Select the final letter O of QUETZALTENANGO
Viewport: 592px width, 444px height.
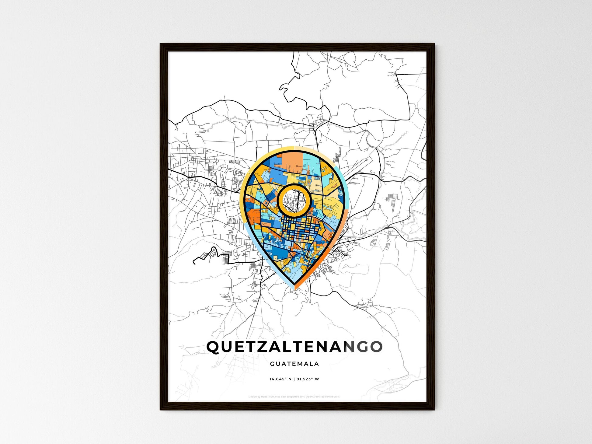click(376, 347)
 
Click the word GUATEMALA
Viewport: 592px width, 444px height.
click(294, 364)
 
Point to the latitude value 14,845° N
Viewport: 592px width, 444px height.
click(280, 379)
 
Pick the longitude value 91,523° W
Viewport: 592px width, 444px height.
click(308, 379)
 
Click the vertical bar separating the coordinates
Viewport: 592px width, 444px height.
click(294, 379)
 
